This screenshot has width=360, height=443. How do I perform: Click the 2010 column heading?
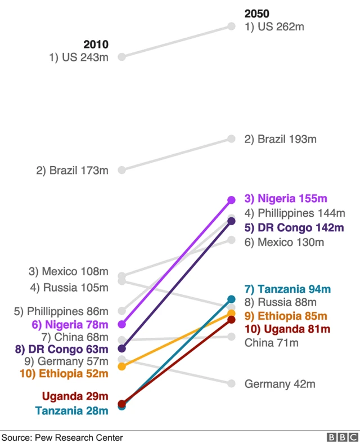click(x=96, y=44)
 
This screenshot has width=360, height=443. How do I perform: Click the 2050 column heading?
click(x=256, y=14)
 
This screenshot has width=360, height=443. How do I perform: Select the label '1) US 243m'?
click(x=78, y=57)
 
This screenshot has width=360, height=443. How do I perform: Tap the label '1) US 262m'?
click(x=274, y=26)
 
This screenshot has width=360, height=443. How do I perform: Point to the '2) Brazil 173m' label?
click(x=72, y=169)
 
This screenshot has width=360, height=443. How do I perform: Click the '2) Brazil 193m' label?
click(x=280, y=139)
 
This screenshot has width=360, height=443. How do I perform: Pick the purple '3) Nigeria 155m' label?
click(x=285, y=199)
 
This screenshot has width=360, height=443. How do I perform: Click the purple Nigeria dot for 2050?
click(x=231, y=200)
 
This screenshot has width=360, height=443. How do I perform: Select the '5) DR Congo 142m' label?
click(x=293, y=228)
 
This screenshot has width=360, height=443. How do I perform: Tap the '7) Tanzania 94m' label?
click(x=287, y=289)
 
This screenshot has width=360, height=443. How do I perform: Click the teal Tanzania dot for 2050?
click(x=231, y=299)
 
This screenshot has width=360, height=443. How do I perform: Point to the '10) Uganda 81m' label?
click(x=287, y=329)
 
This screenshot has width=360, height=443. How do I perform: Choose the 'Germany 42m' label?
click(x=280, y=384)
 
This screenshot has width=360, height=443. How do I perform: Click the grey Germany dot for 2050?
click(x=231, y=383)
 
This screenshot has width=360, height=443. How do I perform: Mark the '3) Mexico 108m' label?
click(x=68, y=272)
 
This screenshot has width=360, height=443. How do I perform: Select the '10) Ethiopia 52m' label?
click(x=64, y=372)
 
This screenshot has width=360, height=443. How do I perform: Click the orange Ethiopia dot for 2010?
click(x=122, y=366)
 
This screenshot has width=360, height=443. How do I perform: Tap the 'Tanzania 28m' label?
click(x=71, y=410)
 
